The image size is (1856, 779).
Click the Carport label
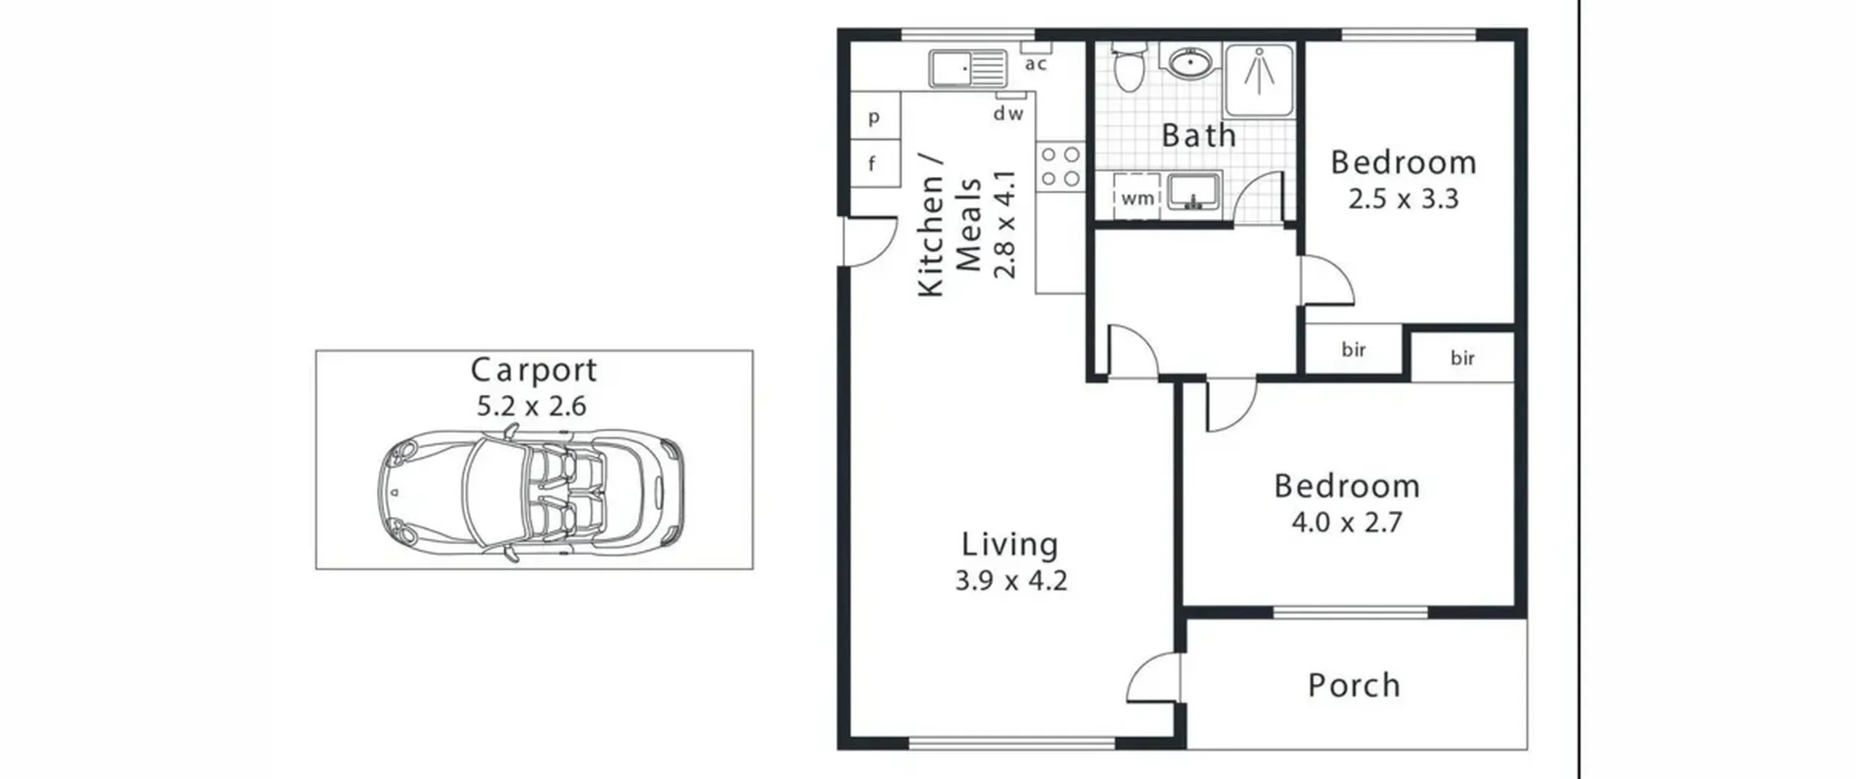534,370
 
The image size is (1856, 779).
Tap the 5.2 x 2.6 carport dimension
531,406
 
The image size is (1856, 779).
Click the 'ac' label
1036,64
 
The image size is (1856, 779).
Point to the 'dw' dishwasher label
1008,113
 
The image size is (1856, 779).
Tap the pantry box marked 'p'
875,116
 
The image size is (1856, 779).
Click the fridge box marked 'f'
875,163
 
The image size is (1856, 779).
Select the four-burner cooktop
1061,167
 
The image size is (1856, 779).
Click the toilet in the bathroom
1128,66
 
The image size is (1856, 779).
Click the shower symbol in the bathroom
1259,79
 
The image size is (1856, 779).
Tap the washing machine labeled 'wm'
1137,197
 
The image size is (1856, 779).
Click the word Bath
1198,136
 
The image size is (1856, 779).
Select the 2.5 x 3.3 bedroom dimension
1403,199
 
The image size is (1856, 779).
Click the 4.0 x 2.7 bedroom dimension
1346,522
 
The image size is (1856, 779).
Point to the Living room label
1010,545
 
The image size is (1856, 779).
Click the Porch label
1354,686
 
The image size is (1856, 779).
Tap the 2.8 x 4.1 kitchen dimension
1006,225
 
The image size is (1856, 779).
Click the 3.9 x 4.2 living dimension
1011,581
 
